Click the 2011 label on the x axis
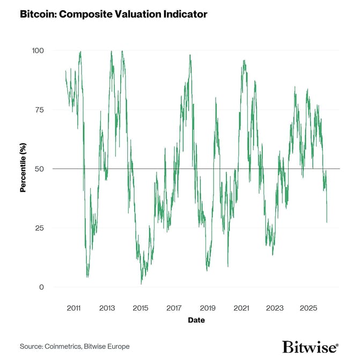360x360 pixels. [74, 308]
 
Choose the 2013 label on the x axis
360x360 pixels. [107, 308]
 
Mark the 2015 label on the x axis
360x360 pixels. [141, 308]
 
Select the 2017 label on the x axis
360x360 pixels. [174, 308]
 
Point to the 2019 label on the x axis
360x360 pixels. [208, 308]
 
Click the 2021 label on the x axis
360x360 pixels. [241, 308]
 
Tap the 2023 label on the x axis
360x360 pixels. [275, 308]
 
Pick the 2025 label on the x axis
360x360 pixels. [308, 308]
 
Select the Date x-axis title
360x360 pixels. [196, 320]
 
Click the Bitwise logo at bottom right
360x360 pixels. [310, 347]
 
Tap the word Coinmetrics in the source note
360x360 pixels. [63, 347]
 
